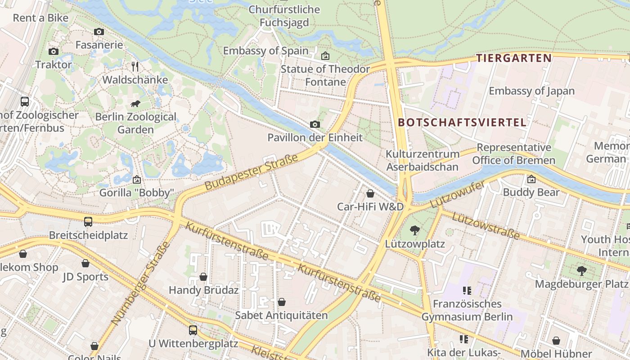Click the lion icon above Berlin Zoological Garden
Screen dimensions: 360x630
click(x=135, y=104)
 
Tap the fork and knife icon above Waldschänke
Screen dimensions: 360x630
click(x=135, y=67)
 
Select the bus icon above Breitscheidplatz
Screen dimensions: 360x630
click(x=88, y=221)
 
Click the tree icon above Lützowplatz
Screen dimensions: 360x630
click(x=414, y=230)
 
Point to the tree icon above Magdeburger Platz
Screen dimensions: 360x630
click(x=581, y=270)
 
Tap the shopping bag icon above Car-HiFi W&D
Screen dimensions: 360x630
click(x=370, y=193)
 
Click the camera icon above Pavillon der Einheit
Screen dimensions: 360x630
click(x=315, y=124)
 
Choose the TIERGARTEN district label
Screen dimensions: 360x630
click(x=514, y=58)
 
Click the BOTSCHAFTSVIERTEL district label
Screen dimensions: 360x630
click(x=462, y=122)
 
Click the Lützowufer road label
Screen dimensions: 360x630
click(x=457, y=194)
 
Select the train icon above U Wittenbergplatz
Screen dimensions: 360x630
click(x=193, y=330)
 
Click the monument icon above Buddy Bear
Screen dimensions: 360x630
click(x=531, y=179)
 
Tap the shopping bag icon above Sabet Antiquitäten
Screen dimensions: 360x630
click(x=282, y=302)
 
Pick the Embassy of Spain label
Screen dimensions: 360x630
click(x=265, y=50)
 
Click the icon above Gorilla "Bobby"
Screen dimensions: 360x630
click(x=137, y=180)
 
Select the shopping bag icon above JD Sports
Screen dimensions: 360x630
click(x=85, y=263)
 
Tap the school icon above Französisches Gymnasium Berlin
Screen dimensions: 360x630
click(x=467, y=291)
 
